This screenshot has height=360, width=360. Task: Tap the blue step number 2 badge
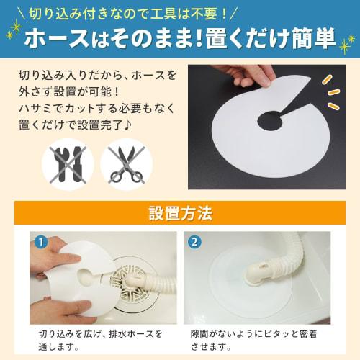(x=197, y=240)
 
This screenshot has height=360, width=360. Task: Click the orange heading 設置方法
(x=180, y=213)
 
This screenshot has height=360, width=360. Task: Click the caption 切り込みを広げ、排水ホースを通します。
(x=101, y=340)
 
